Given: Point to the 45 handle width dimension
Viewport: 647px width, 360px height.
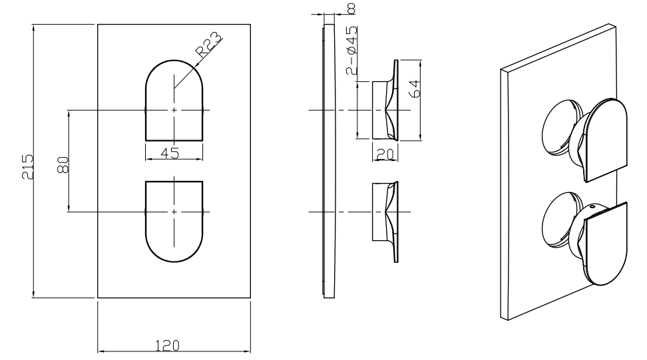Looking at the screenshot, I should (170, 153).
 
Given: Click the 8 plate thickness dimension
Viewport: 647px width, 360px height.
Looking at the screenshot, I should (351, 8).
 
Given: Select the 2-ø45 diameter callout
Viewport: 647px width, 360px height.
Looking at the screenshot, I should (351, 51).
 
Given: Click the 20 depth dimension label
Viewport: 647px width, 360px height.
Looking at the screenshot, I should (385, 154).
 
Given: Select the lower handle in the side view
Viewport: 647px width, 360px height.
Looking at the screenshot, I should (385, 220).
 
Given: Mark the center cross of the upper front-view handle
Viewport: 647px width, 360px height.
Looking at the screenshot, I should (174, 109).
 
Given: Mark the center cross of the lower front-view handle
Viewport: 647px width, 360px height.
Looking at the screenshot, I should (174, 212).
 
